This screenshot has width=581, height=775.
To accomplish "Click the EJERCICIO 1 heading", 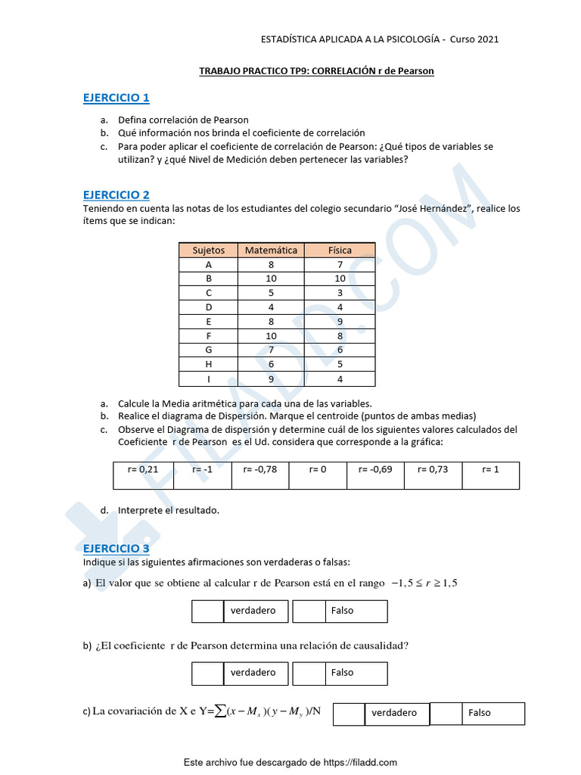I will tap(116, 98).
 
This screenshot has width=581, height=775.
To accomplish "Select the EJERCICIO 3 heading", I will tap(116, 548).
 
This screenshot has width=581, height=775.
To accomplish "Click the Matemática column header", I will tap(271, 250).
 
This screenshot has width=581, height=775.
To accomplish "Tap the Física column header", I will tap(340, 250).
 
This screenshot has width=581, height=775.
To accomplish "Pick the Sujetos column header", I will tap(209, 250).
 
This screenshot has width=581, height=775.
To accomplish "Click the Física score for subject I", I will tap(340, 379).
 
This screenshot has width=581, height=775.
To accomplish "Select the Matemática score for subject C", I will tap(271, 293).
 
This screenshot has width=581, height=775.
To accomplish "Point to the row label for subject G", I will tap(209, 350).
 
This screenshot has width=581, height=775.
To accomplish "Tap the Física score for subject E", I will tap(340, 322).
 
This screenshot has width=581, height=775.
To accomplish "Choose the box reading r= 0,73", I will tap(433, 470).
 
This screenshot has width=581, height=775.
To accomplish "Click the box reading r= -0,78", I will tap(259, 470).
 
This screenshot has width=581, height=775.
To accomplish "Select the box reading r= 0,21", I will tap(143, 470).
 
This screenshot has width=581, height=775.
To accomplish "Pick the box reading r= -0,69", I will tap(375, 470).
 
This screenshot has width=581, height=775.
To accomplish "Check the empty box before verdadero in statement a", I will tap(207, 611).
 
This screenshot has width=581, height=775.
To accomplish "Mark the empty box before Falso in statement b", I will tap(308, 673).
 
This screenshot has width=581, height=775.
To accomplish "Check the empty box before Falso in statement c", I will tap(446, 713).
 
